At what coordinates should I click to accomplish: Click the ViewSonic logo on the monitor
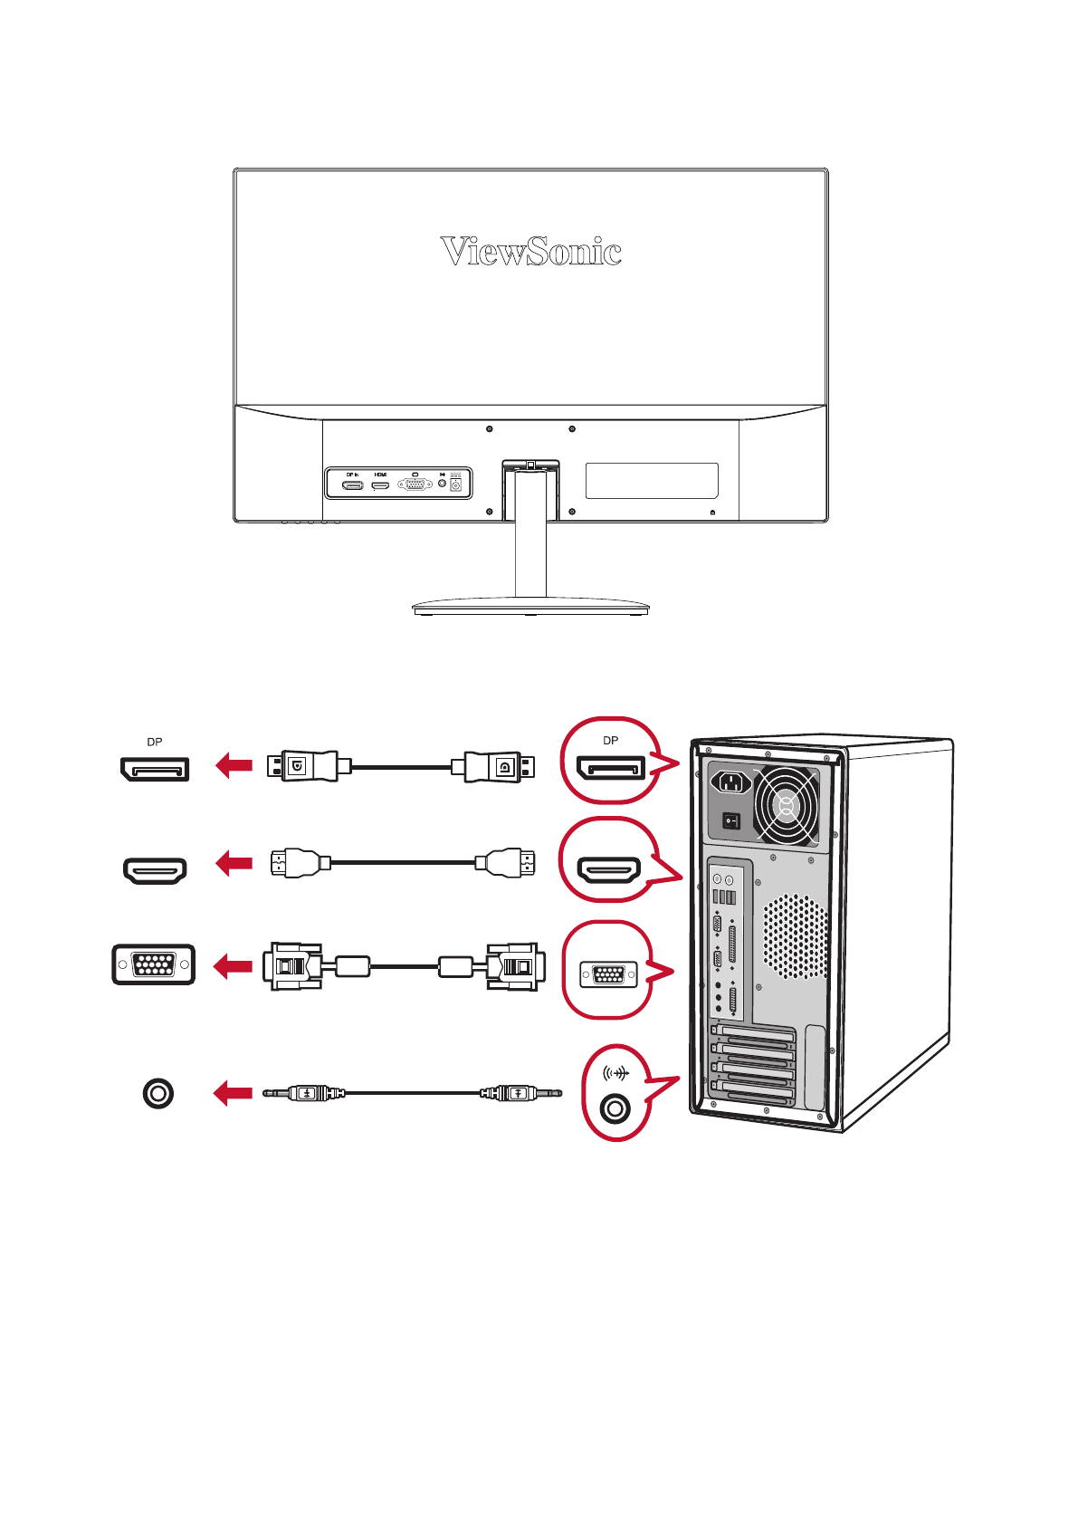[x=530, y=252]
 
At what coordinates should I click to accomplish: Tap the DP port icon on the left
[x=155, y=769]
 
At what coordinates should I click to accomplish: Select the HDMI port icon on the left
[x=155, y=870]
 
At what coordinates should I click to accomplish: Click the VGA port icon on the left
[x=154, y=964]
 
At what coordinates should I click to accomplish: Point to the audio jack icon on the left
[x=157, y=1093]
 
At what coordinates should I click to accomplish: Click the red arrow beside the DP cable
[x=234, y=766]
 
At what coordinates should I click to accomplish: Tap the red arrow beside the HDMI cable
[x=234, y=863]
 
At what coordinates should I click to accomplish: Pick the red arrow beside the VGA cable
[x=233, y=966]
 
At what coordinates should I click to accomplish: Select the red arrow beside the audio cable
[x=233, y=1093]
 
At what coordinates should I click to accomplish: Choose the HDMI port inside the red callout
[x=609, y=871]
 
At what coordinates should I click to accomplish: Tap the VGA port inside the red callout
[x=608, y=975]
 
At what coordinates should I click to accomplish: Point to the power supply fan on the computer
[x=786, y=805]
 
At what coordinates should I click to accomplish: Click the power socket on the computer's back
[x=731, y=782]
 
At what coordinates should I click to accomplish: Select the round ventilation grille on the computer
[x=796, y=937]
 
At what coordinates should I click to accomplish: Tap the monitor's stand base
[x=530, y=608]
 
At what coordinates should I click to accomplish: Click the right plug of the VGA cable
[x=515, y=966]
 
